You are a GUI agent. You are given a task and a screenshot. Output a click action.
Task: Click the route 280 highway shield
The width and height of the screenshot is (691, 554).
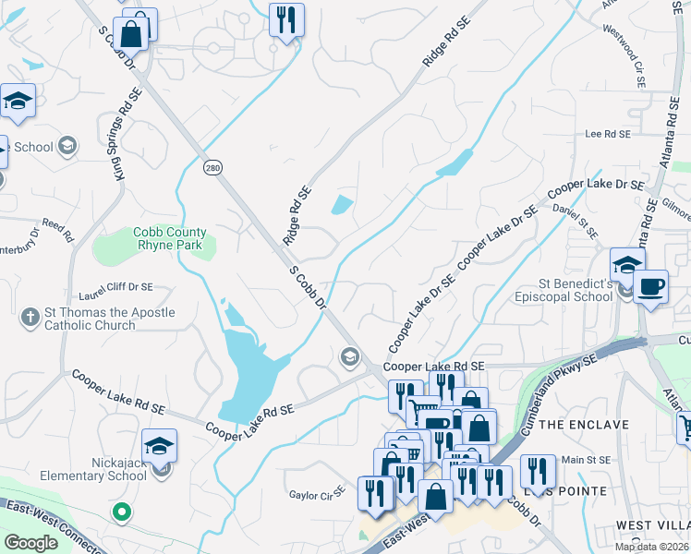(x=212, y=166)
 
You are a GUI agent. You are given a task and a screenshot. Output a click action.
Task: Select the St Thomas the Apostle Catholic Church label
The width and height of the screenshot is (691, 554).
(x=109, y=319)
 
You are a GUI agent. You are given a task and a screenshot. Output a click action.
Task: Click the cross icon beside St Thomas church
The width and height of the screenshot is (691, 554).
(x=30, y=318)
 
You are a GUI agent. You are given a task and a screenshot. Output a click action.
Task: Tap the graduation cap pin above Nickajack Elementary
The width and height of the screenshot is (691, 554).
(x=159, y=445)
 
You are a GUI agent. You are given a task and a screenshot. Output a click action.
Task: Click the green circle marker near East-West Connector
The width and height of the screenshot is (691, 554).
(x=120, y=510)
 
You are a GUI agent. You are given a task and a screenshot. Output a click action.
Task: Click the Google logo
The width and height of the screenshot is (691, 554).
(x=31, y=543)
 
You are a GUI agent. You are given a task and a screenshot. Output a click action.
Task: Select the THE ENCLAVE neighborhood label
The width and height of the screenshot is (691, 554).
(x=583, y=425)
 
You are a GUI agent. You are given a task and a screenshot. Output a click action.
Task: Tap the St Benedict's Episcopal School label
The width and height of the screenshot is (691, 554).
(x=577, y=292)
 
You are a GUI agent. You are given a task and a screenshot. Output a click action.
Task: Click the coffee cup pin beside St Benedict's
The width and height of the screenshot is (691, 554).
(x=650, y=287)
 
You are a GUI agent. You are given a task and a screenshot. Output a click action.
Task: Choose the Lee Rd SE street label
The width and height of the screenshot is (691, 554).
(x=607, y=134)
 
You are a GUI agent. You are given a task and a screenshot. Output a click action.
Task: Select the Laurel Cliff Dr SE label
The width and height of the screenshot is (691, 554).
(x=115, y=288)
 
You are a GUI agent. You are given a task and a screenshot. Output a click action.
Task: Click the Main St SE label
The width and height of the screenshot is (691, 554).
(x=587, y=460)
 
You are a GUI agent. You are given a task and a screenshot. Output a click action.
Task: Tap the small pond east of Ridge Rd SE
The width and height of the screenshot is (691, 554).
(x=342, y=206)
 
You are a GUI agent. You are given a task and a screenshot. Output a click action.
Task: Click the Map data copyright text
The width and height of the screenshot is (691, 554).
(x=652, y=546)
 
